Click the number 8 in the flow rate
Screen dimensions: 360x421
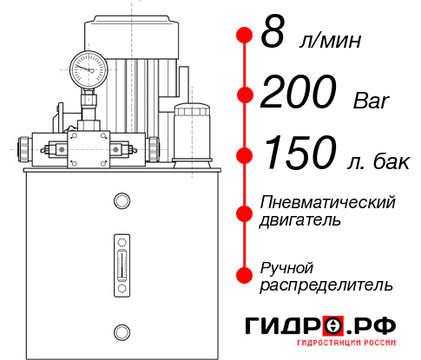point(273,35)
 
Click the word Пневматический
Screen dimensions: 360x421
point(327,202)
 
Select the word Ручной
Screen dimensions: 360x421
point(286,266)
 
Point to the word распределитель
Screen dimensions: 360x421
point(326,284)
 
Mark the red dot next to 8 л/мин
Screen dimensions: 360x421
point(245,35)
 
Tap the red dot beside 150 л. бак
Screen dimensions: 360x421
point(245,155)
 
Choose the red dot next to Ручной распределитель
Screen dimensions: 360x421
point(245,275)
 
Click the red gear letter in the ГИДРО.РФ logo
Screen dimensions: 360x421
point(333,325)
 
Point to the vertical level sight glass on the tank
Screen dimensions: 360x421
point(121,261)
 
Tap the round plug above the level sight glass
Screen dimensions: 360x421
point(121,202)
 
